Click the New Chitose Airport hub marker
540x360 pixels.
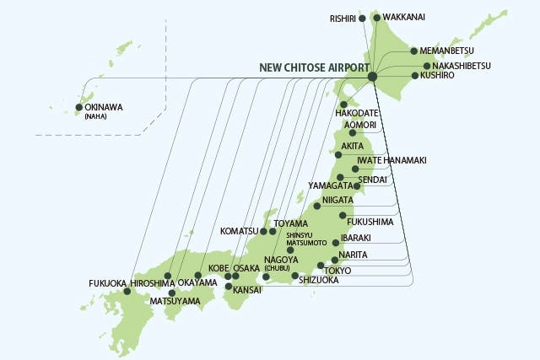point(372,77)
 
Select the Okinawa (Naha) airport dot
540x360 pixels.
point(80,107)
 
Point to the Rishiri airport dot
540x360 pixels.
point(362,18)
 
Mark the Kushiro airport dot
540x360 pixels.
point(414,76)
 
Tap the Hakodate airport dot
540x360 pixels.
point(343,105)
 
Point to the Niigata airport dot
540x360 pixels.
point(317,206)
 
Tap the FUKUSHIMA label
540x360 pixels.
point(371,222)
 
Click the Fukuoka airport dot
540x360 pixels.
point(127,292)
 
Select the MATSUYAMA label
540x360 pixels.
point(175,301)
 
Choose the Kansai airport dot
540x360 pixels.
point(228,286)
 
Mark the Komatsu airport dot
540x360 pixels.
point(263,231)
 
